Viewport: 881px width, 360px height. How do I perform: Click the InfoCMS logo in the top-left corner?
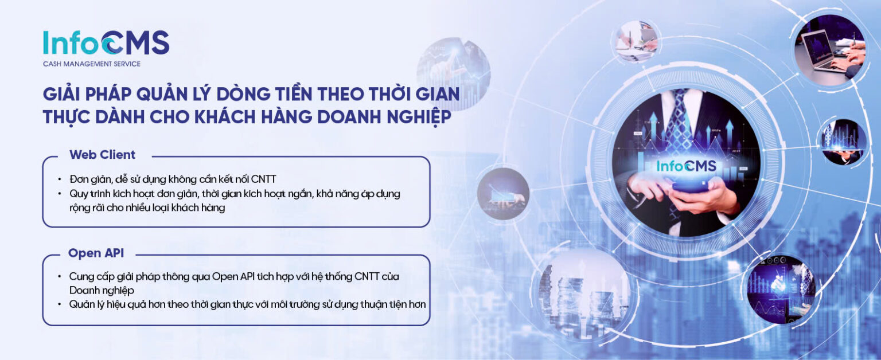coord(106,43)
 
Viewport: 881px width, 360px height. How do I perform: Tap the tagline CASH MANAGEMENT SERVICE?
coord(92,64)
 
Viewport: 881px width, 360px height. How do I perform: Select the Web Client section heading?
coord(102,155)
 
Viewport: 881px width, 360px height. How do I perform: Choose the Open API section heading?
coord(96,253)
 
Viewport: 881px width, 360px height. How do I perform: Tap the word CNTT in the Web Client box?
coord(263,178)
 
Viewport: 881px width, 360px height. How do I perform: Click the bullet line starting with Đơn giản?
coord(172,178)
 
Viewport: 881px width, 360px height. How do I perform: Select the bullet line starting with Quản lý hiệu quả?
coord(247,304)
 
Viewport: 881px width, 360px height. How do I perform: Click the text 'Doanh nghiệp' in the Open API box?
coord(102,291)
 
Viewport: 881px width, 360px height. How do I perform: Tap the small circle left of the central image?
coord(503,194)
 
